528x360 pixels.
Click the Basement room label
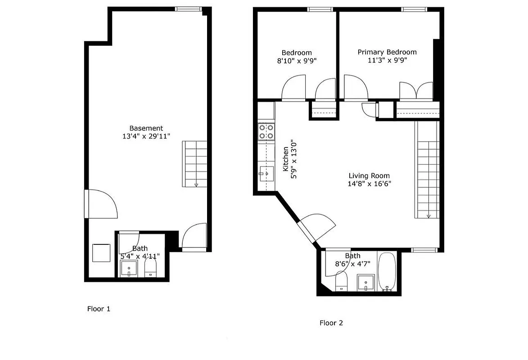pyautogui.click(x=146, y=128)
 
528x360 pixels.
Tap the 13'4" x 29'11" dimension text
pyautogui.click(x=146, y=136)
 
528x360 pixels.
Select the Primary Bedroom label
pyautogui.click(x=387, y=52)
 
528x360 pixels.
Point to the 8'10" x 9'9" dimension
pyautogui.click(x=297, y=61)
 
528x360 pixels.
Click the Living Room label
pyautogui.click(x=369, y=175)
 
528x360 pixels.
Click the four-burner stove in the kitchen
pyautogui.click(x=266, y=131)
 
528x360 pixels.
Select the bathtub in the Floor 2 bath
pyautogui.click(x=387, y=272)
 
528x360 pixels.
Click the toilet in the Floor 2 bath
pyautogui.click(x=342, y=282)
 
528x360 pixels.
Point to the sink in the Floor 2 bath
pyautogui.click(x=366, y=282)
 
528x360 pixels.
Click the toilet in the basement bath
pyautogui.click(x=150, y=269)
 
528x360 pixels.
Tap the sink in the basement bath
pyautogui.click(x=129, y=269)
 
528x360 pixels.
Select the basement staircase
pyautogui.click(x=194, y=164)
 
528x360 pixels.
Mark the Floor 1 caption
pyautogui.click(x=99, y=309)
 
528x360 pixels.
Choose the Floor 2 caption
pyautogui.click(x=331, y=323)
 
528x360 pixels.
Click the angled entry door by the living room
pyautogui.click(x=316, y=227)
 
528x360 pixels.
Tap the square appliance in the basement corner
pyautogui.click(x=101, y=252)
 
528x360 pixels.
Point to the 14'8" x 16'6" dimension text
pyautogui.click(x=369, y=184)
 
